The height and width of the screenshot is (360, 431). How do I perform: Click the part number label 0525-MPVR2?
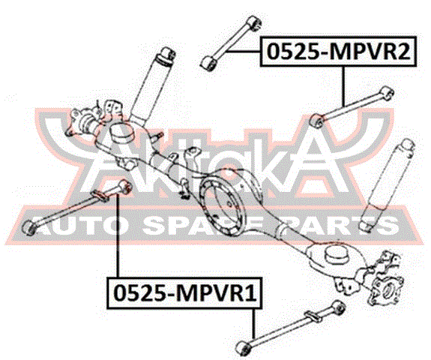coord(338,52)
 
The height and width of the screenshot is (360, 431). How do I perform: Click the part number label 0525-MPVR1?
coord(184,293)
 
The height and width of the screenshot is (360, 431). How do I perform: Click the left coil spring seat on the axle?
coord(121,132)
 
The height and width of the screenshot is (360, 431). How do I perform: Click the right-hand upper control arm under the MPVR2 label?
coord(352,107)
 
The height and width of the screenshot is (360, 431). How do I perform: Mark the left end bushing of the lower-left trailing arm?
coord(28,227)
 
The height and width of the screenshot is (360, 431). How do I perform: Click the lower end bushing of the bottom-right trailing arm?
coord(243,348)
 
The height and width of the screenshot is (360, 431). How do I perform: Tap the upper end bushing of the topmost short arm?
coord(255,22)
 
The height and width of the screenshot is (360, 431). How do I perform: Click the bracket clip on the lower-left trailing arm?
coord(100,196)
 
